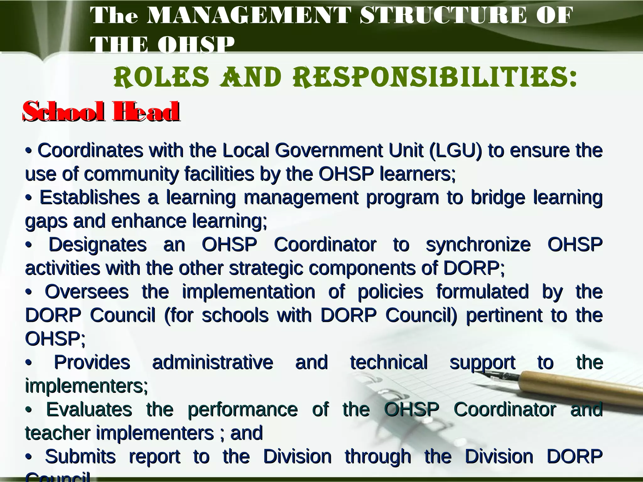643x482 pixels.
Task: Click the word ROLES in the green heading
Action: click(161, 77)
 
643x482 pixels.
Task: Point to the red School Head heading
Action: click(101, 111)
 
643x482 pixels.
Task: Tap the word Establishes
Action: click(90, 197)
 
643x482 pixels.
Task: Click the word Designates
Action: click(98, 244)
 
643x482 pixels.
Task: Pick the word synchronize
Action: click(478, 245)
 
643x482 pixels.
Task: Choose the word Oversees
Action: click(87, 292)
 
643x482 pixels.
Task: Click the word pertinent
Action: click(504, 315)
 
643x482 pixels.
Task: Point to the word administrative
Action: click(213, 362)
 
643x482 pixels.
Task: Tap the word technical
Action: click(389, 362)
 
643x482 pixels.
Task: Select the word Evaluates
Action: click(89, 409)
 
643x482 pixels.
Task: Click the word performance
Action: click(242, 410)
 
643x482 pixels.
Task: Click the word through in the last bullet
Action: click(378, 457)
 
